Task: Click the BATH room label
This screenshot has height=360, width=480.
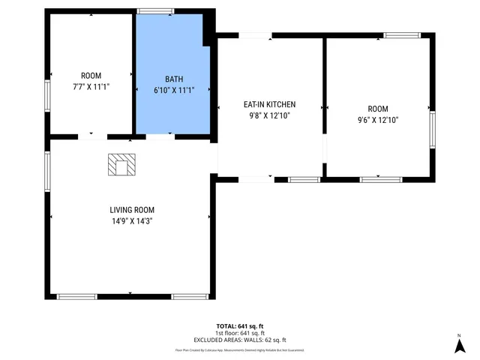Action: point(173,78)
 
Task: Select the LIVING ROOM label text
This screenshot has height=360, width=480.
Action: point(132,210)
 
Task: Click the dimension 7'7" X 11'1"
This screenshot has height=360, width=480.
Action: point(91,87)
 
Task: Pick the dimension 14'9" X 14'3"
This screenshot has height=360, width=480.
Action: point(132,221)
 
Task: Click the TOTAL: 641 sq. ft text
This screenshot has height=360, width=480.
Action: point(240,326)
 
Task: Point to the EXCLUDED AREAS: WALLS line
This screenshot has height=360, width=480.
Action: point(240,339)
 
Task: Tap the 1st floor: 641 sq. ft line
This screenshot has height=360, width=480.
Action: point(240,333)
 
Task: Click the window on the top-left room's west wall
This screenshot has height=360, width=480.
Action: point(48,95)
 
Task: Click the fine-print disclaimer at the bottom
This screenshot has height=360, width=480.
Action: point(240,349)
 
